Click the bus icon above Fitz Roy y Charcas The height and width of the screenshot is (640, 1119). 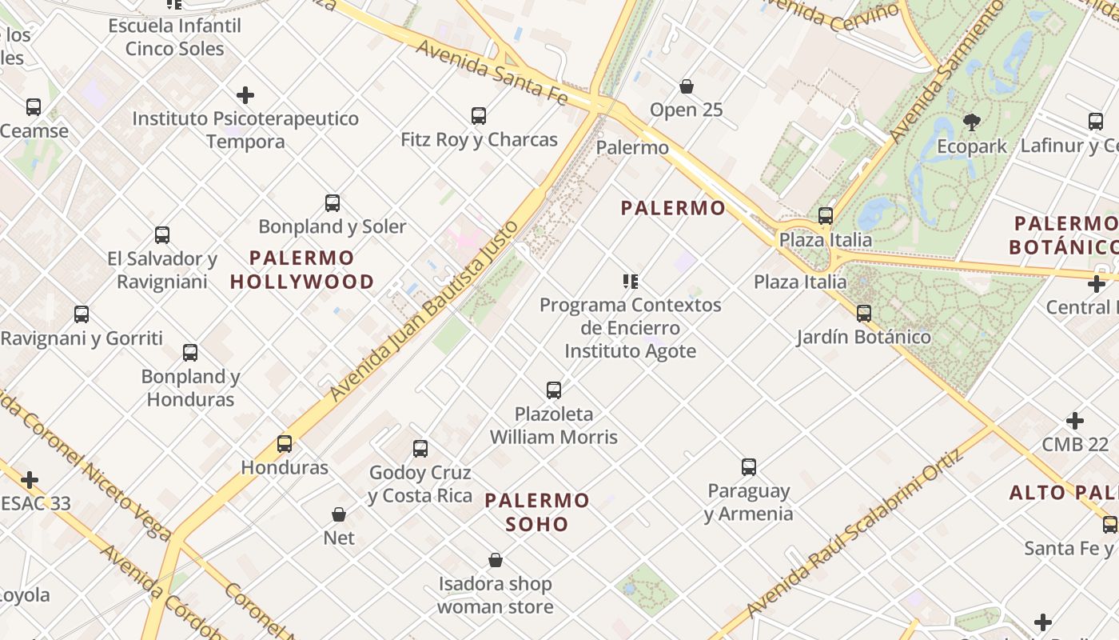(479, 116)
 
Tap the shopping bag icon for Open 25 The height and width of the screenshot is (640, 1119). (686, 86)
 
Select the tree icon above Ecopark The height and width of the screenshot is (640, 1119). (972, 122)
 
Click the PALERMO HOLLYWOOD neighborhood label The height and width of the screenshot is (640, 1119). (302, 270)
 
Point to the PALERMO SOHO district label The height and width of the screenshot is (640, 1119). (537, 512)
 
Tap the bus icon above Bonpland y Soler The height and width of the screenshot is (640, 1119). (333, 203)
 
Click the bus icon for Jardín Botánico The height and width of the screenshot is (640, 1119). (863, 314)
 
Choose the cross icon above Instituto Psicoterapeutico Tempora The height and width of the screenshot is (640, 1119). (245, 96)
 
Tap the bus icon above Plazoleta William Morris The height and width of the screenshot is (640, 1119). (554, 390)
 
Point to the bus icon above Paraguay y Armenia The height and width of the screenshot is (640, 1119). (748, 467)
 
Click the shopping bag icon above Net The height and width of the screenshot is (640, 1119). (339, 514)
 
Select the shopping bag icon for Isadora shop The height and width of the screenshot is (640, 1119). (496, 560)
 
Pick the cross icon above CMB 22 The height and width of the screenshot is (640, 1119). (1075, 421)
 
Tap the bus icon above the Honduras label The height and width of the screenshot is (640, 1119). (285, 444)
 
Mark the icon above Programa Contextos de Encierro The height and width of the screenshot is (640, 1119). (631, 282)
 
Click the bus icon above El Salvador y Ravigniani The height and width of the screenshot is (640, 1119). (162, 235)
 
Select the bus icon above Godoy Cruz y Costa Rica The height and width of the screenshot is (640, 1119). (420, 449)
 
